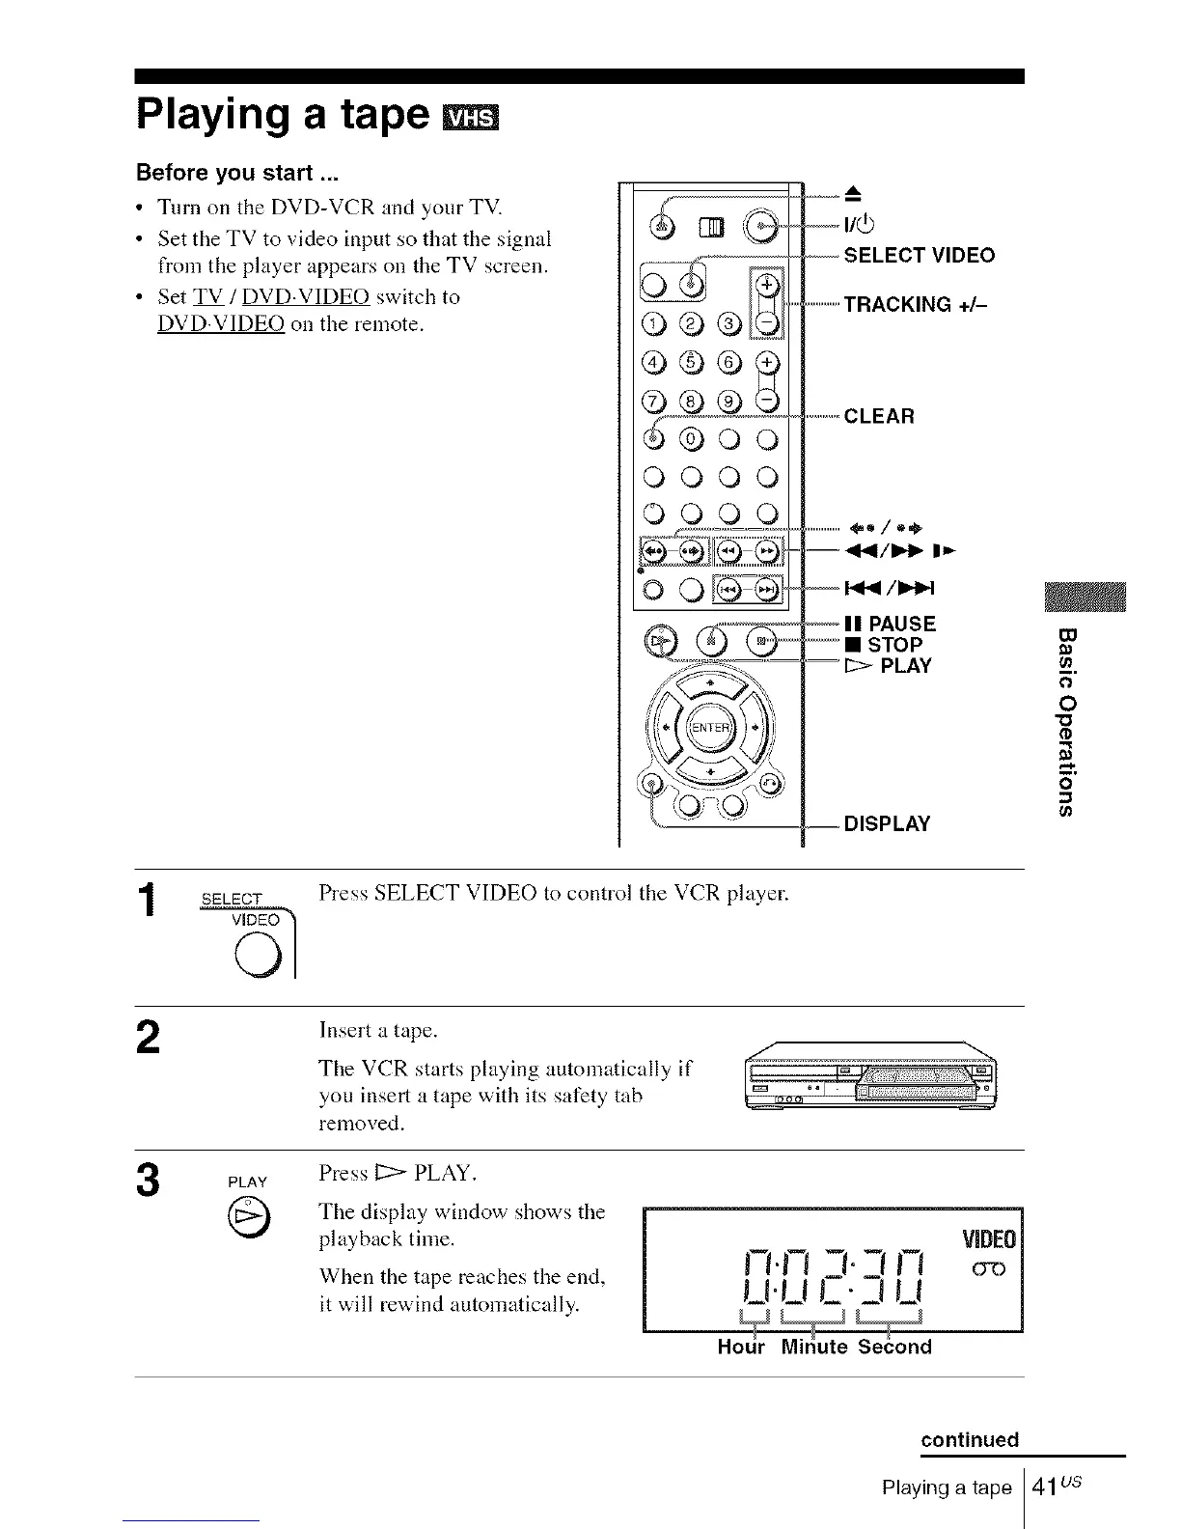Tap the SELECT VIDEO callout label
(x=919, y=256)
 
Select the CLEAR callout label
(x=879, y=416)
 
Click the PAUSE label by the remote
(x=892, y=624)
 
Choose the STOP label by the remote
(x=885, y=645)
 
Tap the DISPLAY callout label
(x=887, y=823)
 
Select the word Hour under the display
(x=741, y=1347)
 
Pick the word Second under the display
(x=894, y=1347)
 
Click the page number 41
(x=1042, y=1487)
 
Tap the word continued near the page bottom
(x=970, y=1440)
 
